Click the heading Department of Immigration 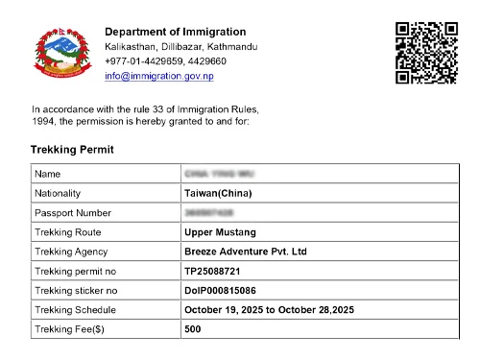(x=175, y=32)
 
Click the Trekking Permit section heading (x=72, y=150)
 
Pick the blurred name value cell (x=216, y=174)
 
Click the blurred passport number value (x=208, y=213)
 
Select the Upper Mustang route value (x=221, y=232)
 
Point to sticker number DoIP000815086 (x=227, y=291)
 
